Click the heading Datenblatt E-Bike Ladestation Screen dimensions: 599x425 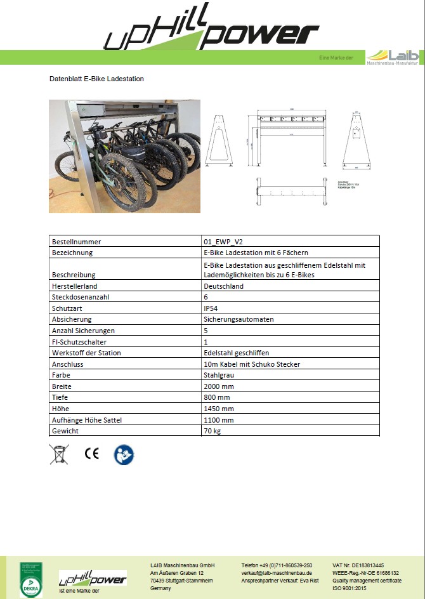tap(96, 79)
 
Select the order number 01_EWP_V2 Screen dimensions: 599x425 tap(222, 242)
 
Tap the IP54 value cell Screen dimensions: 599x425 tap(211, 308)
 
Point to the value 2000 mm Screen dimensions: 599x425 tap(219, 386)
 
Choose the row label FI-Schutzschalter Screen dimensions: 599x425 tap(79, 341)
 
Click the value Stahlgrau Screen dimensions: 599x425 tap(218, 375)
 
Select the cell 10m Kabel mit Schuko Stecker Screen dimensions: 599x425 tap(252, 364)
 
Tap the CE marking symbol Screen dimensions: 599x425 tap(92, 454)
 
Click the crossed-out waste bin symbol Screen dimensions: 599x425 tap(60, 454)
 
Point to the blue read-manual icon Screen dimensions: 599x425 tap(124, 454)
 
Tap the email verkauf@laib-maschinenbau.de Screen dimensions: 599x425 tap(277, 572)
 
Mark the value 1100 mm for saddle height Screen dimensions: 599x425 tap(219, 420)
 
